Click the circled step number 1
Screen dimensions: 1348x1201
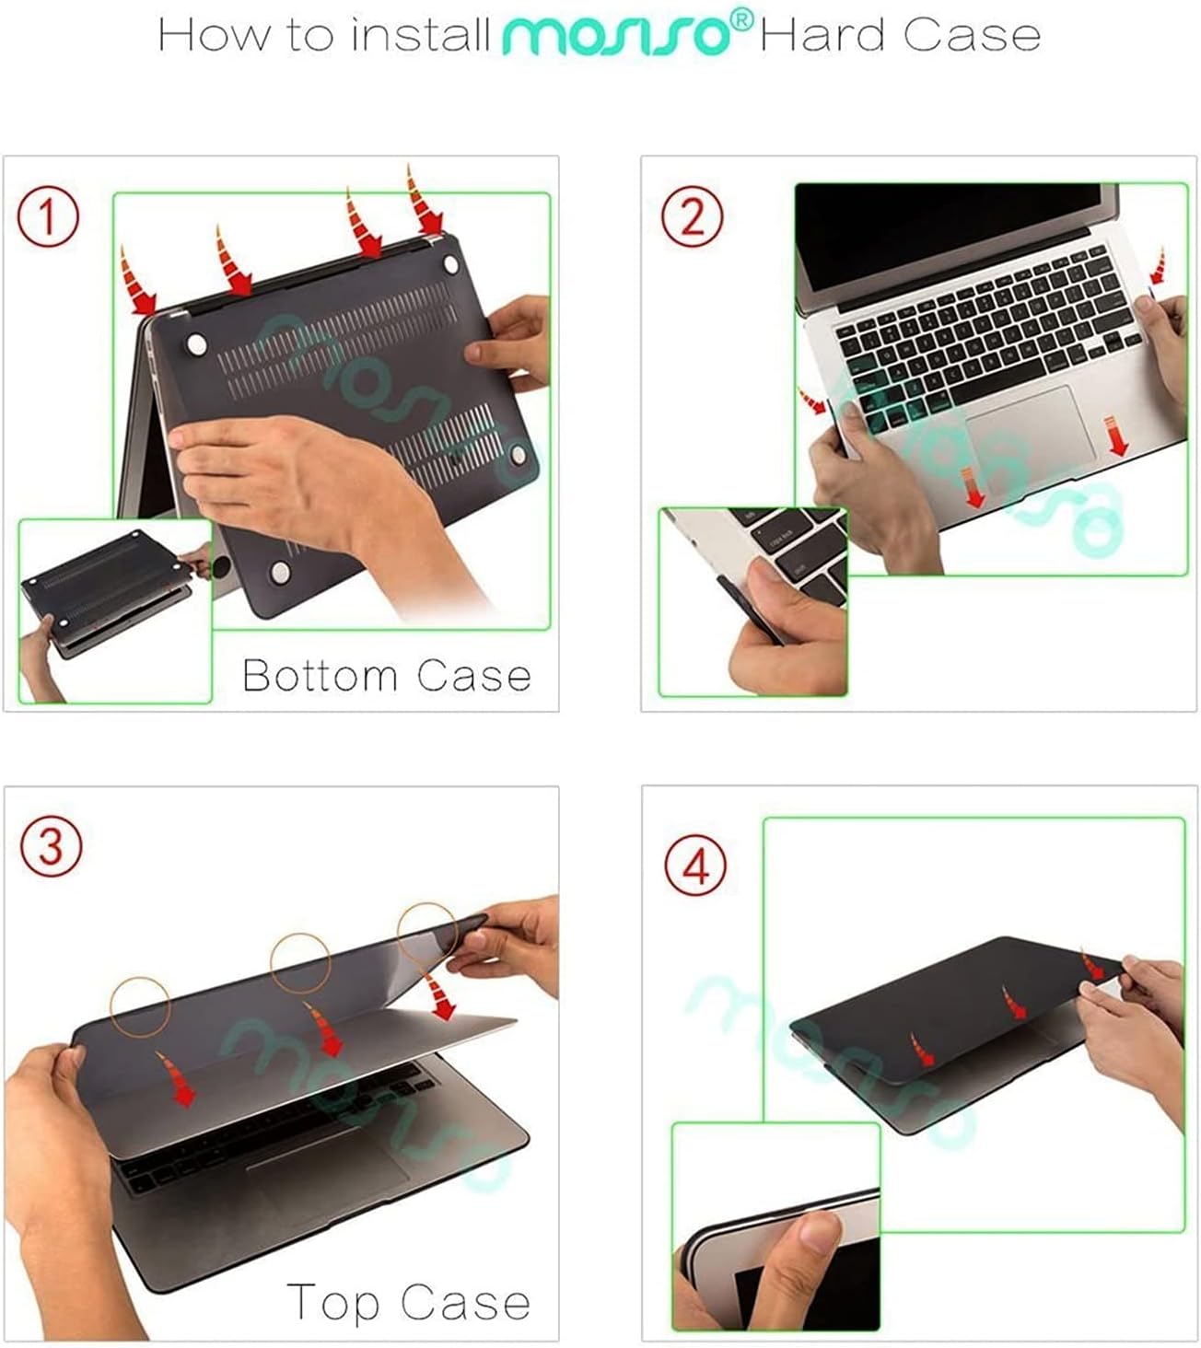tap(48, 217)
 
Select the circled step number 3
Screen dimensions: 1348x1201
tap(51, 846)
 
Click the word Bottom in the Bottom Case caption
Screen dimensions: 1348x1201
tap(319, 676)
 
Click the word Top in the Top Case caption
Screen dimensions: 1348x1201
tap(332, 1303)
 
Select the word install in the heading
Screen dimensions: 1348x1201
tap(421, 35)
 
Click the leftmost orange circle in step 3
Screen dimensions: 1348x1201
tap(140, 1005)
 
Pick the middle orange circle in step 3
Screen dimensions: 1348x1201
tap(300, 962)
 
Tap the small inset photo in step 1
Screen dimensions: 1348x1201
tap(115, 610)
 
